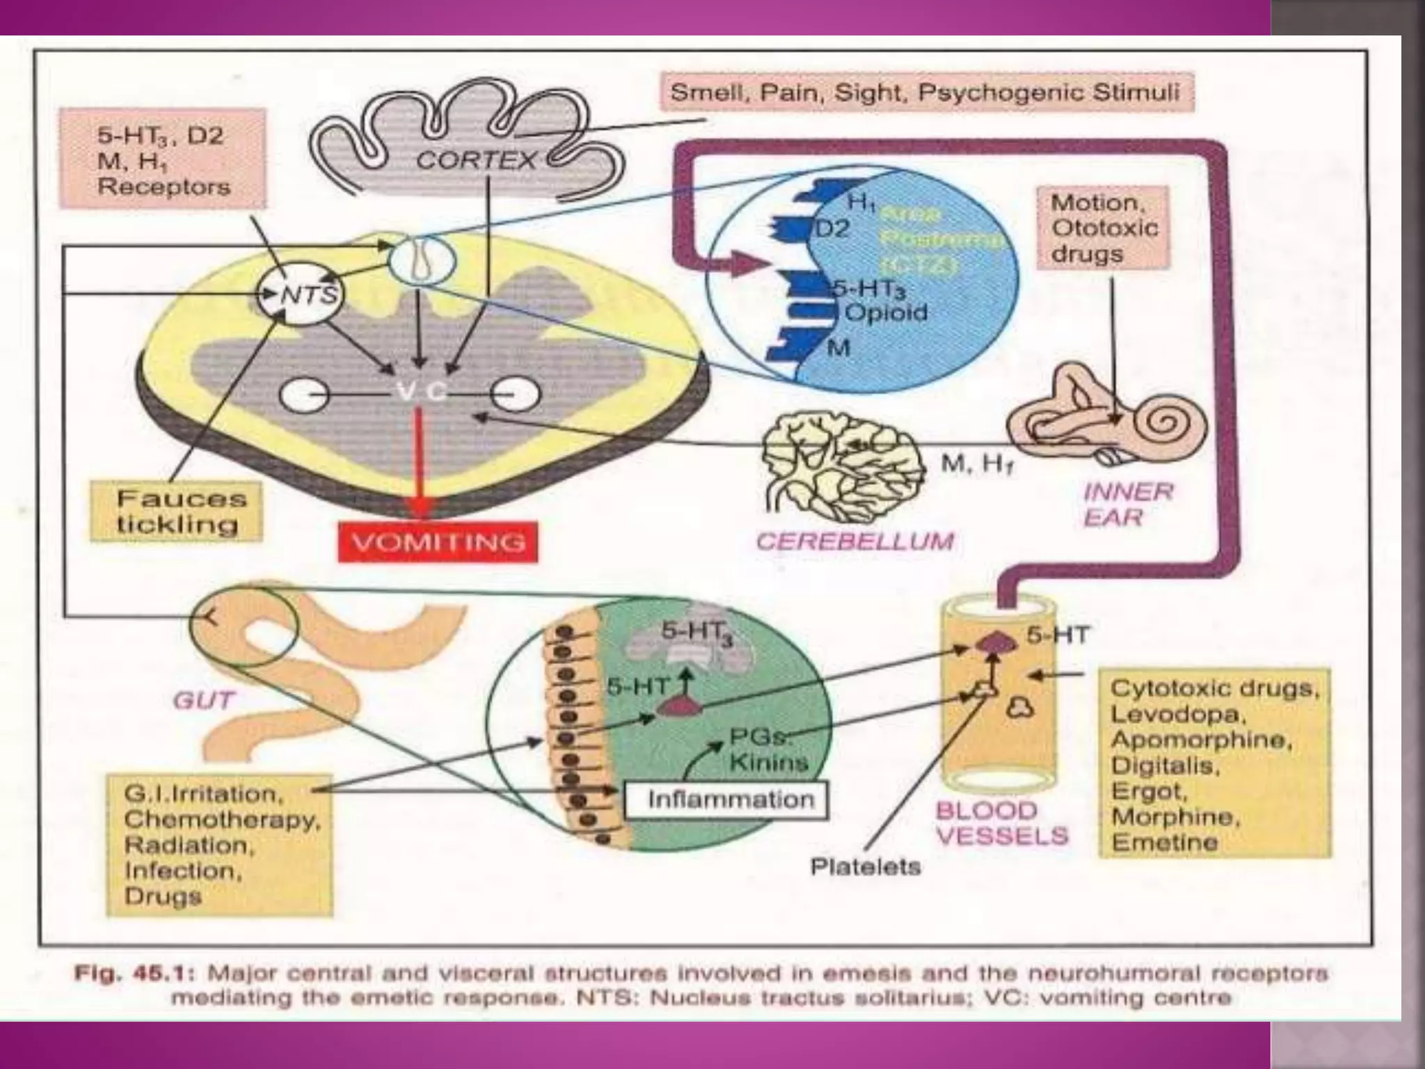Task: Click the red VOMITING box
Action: click(x=438, y=541)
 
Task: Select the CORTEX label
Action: click(x=477, y=161)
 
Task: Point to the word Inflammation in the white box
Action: click(x=731, y=799)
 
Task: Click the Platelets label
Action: click(x=865, y=866)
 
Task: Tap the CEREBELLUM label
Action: click(x=855, y=541)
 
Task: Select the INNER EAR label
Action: click(x=1127, y=505)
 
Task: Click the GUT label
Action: click(x=203, y=699)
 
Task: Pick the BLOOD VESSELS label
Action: click(x=1001, y=823)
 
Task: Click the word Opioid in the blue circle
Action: click(x=885, y=312)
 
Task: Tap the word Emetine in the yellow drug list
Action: click(x=1164, y=842)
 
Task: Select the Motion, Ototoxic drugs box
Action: click(x=1103, y=228)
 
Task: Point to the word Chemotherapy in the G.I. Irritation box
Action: click(x=221, y=819)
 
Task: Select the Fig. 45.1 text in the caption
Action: click(x=127, y=973)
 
